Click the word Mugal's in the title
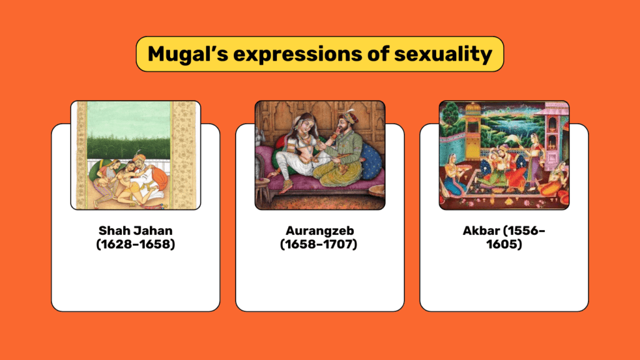pos(187,54)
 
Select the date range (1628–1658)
pos(136,244)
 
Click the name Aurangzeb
pos(319,231)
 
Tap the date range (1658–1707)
pos(318,244)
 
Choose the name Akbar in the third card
pos(481,231)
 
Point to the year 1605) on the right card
pos(504,244)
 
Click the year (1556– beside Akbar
pos(524,231)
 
